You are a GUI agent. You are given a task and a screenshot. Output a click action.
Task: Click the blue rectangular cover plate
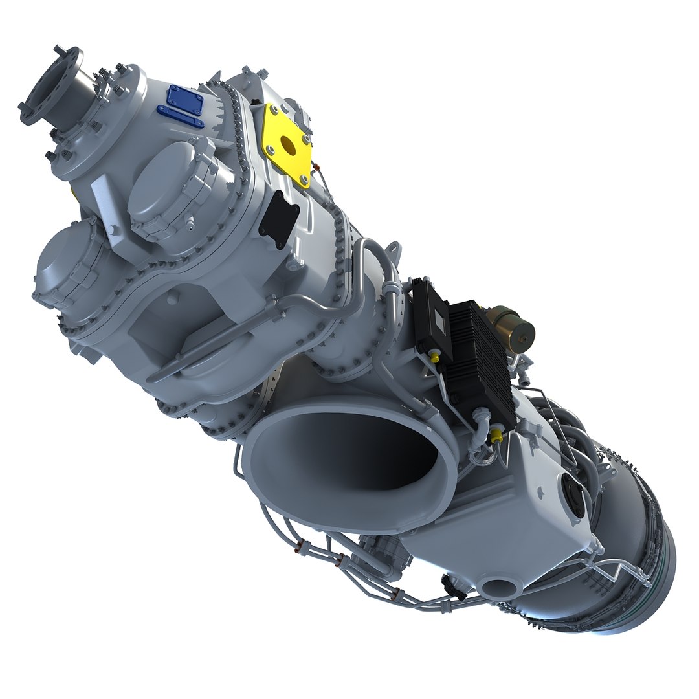pyautogui.click(x=185, y=98)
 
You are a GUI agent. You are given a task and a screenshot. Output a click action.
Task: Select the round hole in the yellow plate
pyautogui.click(x=288, y=146)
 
